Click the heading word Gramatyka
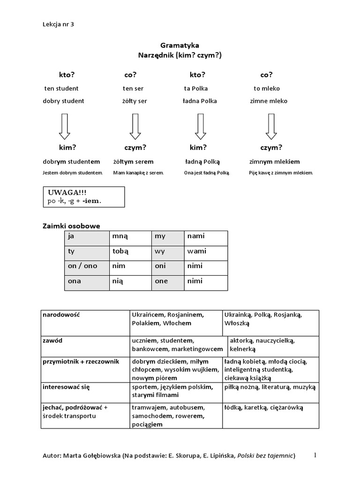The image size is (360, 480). click(x=180, y=45)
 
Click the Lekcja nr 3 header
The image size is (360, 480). click(x=58, y=25)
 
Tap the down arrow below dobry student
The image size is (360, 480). click(x=64, y=127)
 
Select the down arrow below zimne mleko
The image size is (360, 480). click(x=271, y=127)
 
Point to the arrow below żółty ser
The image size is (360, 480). click(x=135, y=127)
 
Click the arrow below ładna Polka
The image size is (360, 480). click(x=201, y=127)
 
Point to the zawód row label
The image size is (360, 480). click(x=53, y=340)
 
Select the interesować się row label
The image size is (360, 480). click(x=66, y=387)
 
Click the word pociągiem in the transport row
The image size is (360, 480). click(x=147, y=425)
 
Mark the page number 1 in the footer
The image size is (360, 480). click(x=315, y=455)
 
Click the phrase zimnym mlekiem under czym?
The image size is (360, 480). click(x=275, y=162)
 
